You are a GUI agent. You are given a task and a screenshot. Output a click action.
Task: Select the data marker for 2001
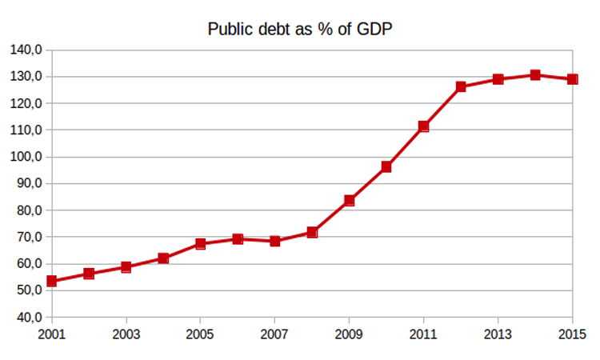click(52, 281)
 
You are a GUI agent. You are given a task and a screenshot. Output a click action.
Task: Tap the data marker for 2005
click(201, 243)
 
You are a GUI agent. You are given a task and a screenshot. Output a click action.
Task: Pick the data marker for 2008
click(312, 233)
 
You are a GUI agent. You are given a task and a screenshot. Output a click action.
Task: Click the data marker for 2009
click(350, 201)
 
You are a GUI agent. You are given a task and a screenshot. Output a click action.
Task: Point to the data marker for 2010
click(386, 167)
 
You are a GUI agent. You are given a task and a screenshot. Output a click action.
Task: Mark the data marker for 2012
click(461, 86)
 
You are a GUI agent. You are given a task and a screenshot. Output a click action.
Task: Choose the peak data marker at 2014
click(535, 75)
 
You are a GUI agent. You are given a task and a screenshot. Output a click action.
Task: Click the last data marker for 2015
click(572, 79)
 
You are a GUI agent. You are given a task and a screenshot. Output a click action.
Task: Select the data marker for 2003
click(126, 267)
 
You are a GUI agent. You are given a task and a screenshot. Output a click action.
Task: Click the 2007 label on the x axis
click(274, 333)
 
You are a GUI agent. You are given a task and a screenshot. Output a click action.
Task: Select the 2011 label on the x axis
click(423, 333)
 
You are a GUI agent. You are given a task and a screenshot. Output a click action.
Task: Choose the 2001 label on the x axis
click(51, 333)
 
